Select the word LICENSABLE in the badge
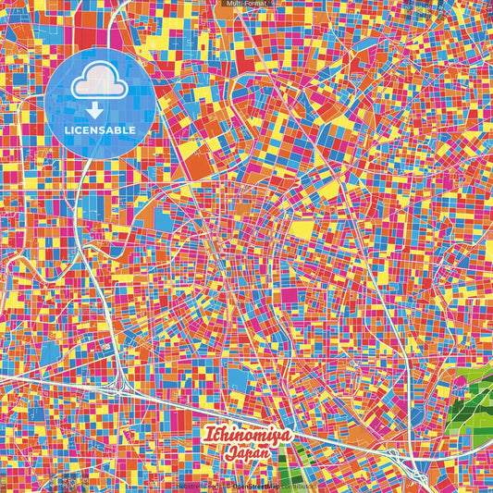(x=100, y=129)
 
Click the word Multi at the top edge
(x=233, y=4)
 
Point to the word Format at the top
(x=255, y=4)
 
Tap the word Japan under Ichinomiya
(x=245, y=453)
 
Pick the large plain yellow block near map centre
(x=302, y=228)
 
